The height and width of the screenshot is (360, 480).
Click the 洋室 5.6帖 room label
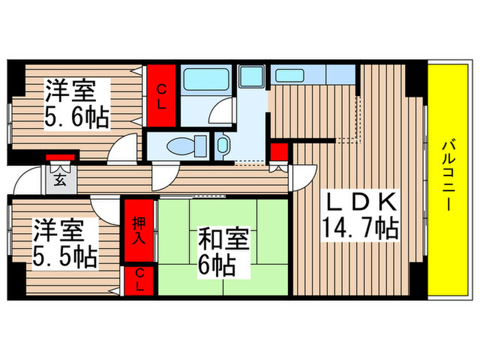point(76,104)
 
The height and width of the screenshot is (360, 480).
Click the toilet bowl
point(186,145)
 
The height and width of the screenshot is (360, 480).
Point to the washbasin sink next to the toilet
point(224,145)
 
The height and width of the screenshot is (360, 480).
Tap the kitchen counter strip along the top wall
point(312,73)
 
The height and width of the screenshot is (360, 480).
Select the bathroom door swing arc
point(222,111)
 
